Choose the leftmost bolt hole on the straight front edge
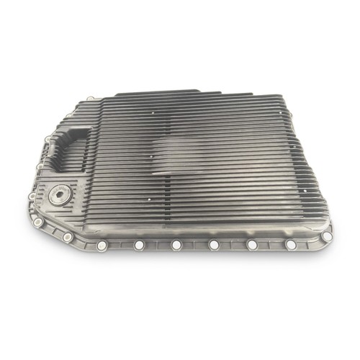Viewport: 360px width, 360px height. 139,246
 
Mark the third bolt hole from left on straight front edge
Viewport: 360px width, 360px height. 213,246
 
